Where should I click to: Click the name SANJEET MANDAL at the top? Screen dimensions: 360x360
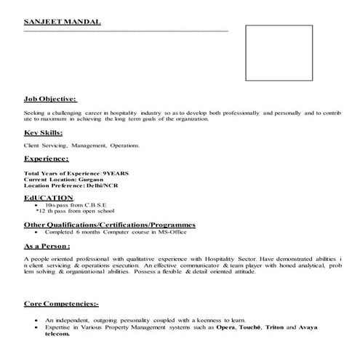63,23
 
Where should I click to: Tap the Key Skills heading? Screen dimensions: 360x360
43,133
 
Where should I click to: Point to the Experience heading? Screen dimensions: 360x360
47,158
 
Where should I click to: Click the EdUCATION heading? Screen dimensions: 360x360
49,197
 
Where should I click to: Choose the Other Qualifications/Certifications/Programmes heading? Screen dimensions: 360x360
110,225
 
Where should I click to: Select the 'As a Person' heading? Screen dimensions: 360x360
48,247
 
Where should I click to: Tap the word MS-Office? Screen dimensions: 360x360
164,233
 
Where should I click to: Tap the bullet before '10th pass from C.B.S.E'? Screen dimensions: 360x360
36,206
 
